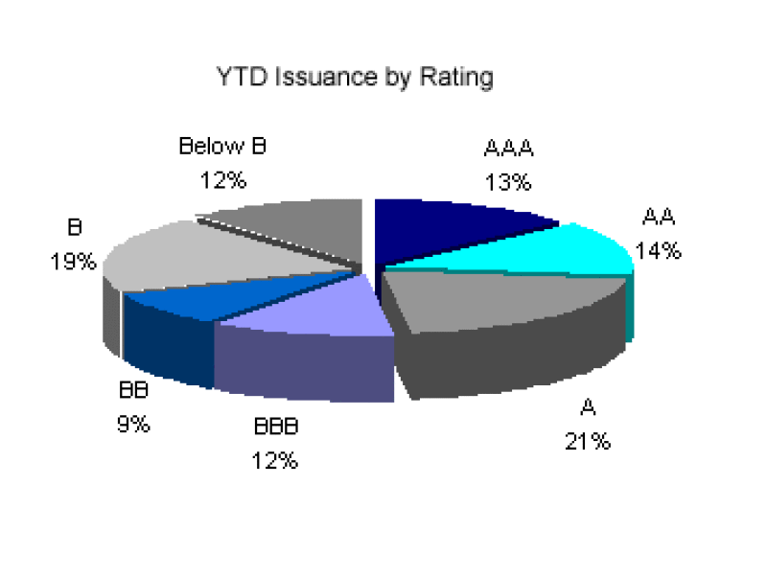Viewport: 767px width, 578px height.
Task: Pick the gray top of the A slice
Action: click(489, 297)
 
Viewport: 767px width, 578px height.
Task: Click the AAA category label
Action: click(508, 149)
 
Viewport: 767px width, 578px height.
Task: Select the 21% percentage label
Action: click(587, 441)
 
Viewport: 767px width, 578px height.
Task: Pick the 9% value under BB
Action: click(133, 424)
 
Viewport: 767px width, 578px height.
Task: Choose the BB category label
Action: click(134, 391)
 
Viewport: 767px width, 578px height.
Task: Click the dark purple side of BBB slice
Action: click(302, 369)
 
